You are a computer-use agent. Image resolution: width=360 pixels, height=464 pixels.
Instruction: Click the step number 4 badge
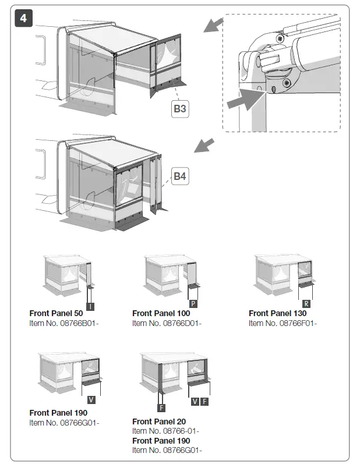click(23, 17)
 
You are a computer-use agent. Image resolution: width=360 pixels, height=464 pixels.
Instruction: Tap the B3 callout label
click(181, 108)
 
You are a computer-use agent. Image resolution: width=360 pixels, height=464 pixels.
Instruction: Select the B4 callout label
click(181, 176)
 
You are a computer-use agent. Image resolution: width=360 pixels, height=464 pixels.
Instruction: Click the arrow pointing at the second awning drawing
click(203, 145)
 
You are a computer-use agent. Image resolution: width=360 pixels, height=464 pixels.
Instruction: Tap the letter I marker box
click(90, 306)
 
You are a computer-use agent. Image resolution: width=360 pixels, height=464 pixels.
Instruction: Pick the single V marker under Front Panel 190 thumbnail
click(91, 400)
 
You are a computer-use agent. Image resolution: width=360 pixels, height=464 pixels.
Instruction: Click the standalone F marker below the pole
click(161, 409)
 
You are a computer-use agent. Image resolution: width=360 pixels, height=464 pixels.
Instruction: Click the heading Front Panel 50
click(56, 314)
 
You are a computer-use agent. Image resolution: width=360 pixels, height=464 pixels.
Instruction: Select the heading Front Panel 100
click(161, 314)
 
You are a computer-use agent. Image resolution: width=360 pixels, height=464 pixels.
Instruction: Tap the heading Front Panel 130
click(277, 314)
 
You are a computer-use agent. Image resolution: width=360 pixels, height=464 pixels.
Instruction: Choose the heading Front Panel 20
click(159, 422)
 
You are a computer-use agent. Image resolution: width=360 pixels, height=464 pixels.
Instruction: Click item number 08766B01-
click(63, 323)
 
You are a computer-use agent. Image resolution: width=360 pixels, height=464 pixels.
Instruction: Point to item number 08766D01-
click(167, 323)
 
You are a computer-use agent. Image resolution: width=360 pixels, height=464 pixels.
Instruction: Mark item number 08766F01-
click(283, 323)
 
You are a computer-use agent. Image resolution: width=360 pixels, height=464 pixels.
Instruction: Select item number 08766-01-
click(165, 431)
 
